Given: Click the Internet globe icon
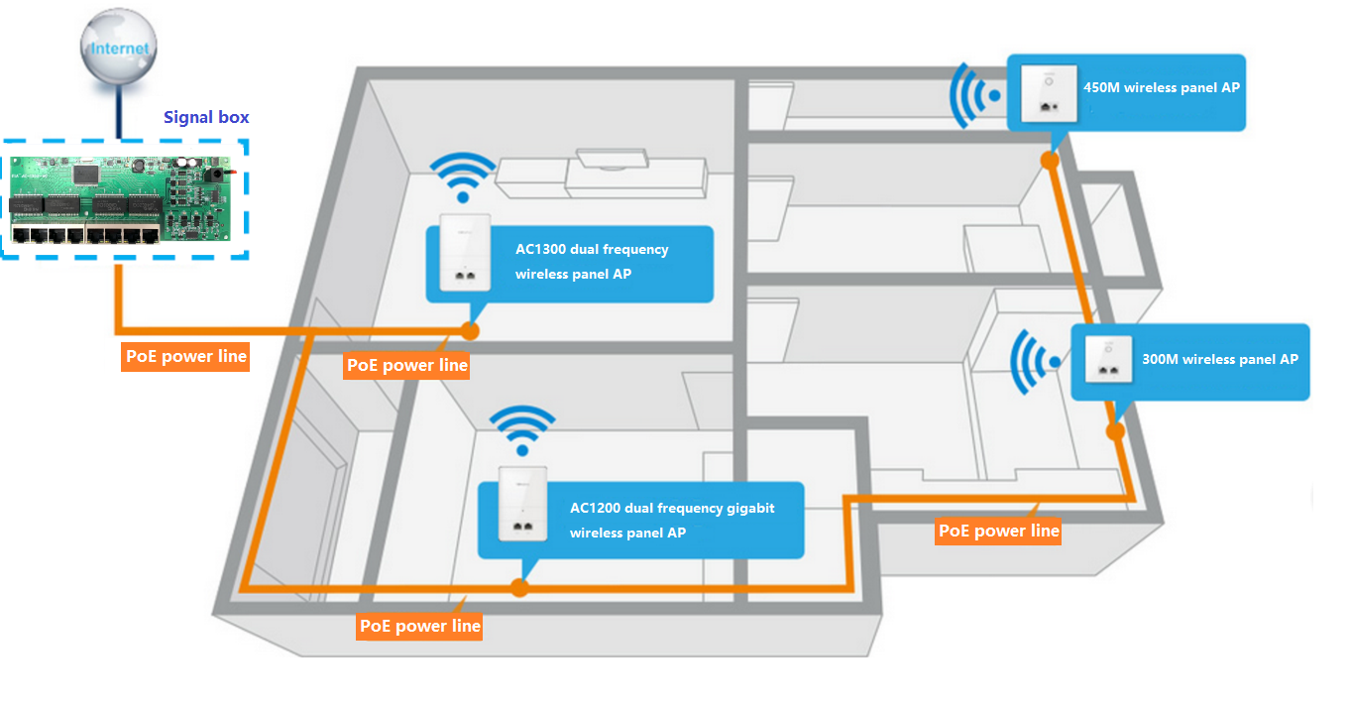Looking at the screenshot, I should (x=120, y=51).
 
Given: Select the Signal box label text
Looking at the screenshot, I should (x=206, y=117).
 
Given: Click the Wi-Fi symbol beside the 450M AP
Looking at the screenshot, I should (x=972, y=95).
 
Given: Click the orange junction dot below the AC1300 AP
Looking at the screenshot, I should (x=470, y=330).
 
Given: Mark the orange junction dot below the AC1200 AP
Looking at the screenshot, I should (x=519, y=588).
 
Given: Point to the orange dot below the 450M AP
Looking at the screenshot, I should (x=1050, y=159).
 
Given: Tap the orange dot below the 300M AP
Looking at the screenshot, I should (x=1116, y=431).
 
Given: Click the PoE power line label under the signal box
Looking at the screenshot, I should (x=185, y=356).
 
